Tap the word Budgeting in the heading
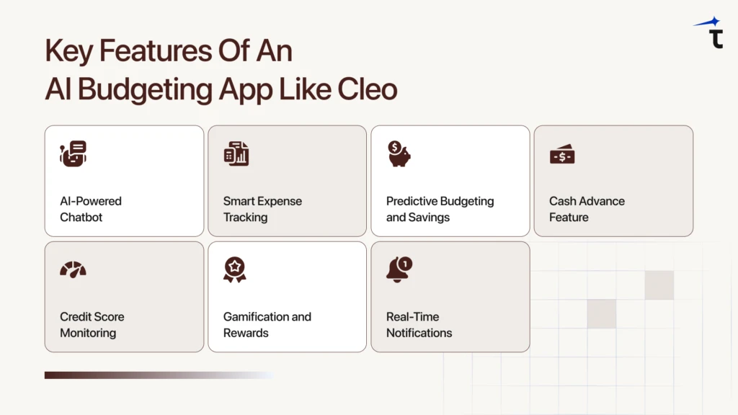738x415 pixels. (x=151, y=89)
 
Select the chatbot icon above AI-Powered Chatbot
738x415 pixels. (x=73, y=153)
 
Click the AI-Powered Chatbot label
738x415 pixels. (x=90, y=209)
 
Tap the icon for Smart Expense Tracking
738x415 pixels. (x=236, y=153)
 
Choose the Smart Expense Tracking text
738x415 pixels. (x=262, y=209)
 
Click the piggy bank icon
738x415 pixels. (x=399, y=153)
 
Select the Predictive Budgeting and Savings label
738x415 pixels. (x=440, y=209)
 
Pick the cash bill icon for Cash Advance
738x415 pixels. (x=562, y=154)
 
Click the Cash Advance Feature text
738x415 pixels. (x=587, y=209)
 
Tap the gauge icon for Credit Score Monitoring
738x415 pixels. (x=73, y=269)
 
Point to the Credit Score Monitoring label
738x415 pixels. (x=92, y=324)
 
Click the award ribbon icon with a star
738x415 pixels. (x=235, y=269)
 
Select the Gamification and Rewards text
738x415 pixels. (x=267, y=324)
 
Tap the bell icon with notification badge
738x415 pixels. (x=399, y=269)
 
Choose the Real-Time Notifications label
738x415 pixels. (x=419, y=324)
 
